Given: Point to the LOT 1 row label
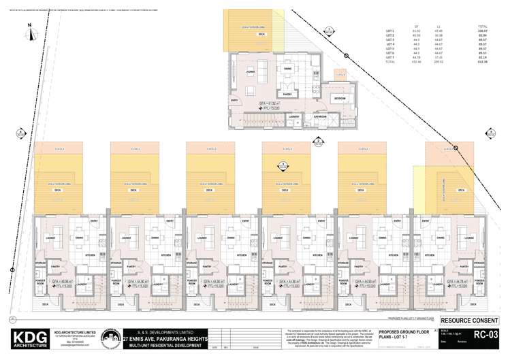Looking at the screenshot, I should tap(390, 31).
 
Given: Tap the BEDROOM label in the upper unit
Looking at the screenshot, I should tap(340, 99).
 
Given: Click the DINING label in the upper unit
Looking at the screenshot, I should tap(287, 69).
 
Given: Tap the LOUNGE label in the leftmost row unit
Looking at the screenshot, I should tap(50, 237).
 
